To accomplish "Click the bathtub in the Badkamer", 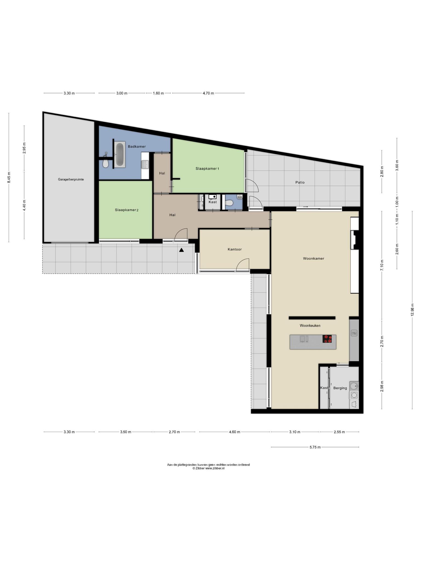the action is (x=120, y=154).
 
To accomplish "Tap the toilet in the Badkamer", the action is (x=106, y=164).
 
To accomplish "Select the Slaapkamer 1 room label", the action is (x=207, y=168).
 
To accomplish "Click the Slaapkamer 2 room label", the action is (x=127, y=210).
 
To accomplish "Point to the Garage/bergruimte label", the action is (x=71, y=179).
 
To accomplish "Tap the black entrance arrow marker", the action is (x=181, y=250).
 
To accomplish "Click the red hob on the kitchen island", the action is (x=327, y=339).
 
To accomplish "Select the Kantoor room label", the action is (x=235, y=249).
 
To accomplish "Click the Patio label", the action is (x=300, y=182).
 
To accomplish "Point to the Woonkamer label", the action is (x=314, y=258).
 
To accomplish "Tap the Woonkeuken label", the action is (x=310, y=325).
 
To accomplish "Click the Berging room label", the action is (x=340, y=388).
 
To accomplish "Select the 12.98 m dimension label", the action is (x=412, y=310).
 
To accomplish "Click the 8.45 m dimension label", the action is (x=9, y=178).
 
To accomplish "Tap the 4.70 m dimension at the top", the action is (x=208, y=93).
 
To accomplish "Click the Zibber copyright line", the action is (x=208, y=468).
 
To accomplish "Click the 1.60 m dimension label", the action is (x=158, y=93).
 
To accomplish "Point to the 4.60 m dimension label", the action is (x=235, y=432).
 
